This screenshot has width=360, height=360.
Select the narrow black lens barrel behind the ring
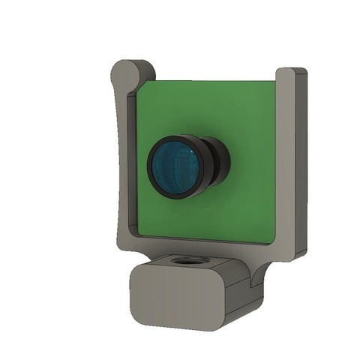pyautogui.click(x=217, y=160)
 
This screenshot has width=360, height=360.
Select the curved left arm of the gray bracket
pyautogui.click(x=122, y=165)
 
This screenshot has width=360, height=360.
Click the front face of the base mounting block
pyautogui.click(x=177, y=299)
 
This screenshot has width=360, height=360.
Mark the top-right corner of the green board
pyautogui.click(x=275, y=82)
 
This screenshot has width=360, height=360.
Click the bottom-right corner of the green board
pyautogui.click(x=274, y=244)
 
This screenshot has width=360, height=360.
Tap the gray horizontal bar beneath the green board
pyautogui.click(x=202, y=246)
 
